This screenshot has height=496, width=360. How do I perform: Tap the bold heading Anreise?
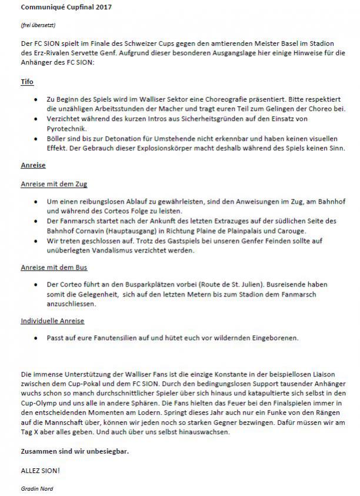[x=34, y=165]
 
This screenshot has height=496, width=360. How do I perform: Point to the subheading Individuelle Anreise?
[x=52, y=321]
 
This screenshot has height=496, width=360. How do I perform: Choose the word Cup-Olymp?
[x=41, y=403]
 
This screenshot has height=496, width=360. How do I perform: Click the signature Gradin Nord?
[x=36, y=488]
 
